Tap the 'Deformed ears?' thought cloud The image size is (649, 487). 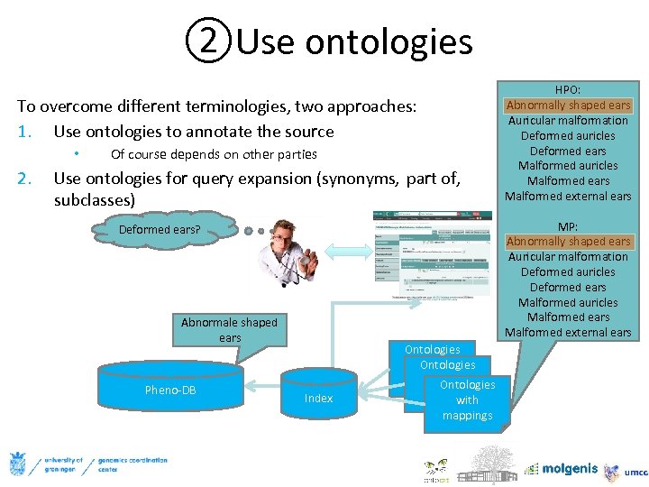[160, 229]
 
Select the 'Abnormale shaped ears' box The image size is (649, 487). [229, 329]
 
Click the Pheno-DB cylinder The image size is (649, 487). [170, 391]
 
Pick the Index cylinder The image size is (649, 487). [318, 398]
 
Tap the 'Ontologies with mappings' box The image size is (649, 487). [467, 400]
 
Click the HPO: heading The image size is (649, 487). [568, 90]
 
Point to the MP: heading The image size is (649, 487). [568, 226]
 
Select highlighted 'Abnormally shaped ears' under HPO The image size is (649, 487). [568, 106]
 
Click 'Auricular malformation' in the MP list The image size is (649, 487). [568, 257]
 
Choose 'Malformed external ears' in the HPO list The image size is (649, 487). [568, 197]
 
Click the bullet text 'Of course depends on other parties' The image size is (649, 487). [214, 154]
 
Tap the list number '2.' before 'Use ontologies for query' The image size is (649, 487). [24, 179]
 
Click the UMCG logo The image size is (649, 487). [626, 471]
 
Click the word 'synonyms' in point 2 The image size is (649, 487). [358, 179]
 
